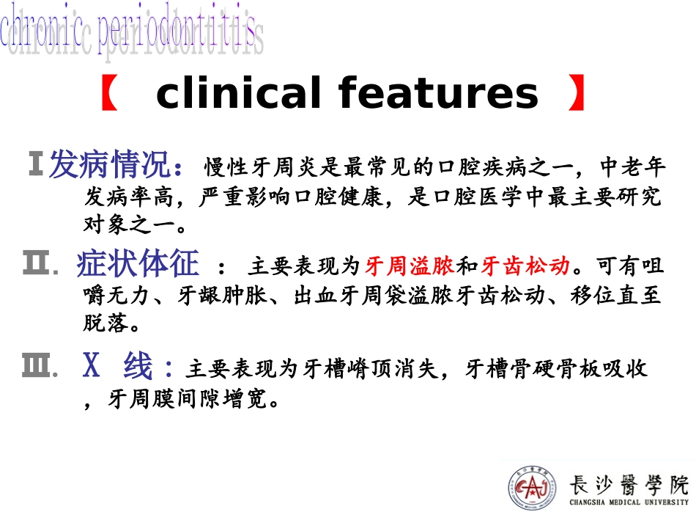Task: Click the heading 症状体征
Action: pos(138,265)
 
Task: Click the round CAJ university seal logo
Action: pos(533,488)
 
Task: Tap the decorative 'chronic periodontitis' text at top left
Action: pos(132,33)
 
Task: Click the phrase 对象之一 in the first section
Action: pos(130,223)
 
